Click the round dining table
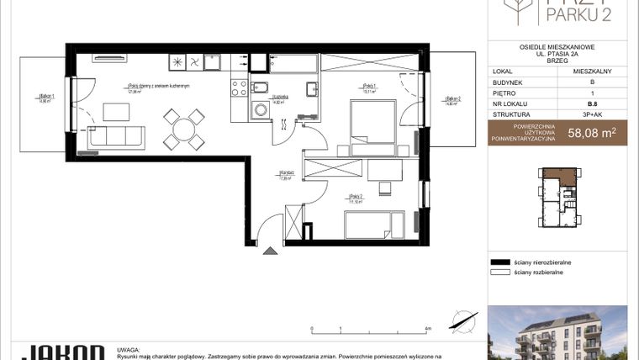[x=182, y=129]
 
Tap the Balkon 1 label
[x=47, y=98]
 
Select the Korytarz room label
[x=285, y=175]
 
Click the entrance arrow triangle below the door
[x=268, y=250]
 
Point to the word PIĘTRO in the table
[x=504, y=93]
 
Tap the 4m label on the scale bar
[x=428, y=329]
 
